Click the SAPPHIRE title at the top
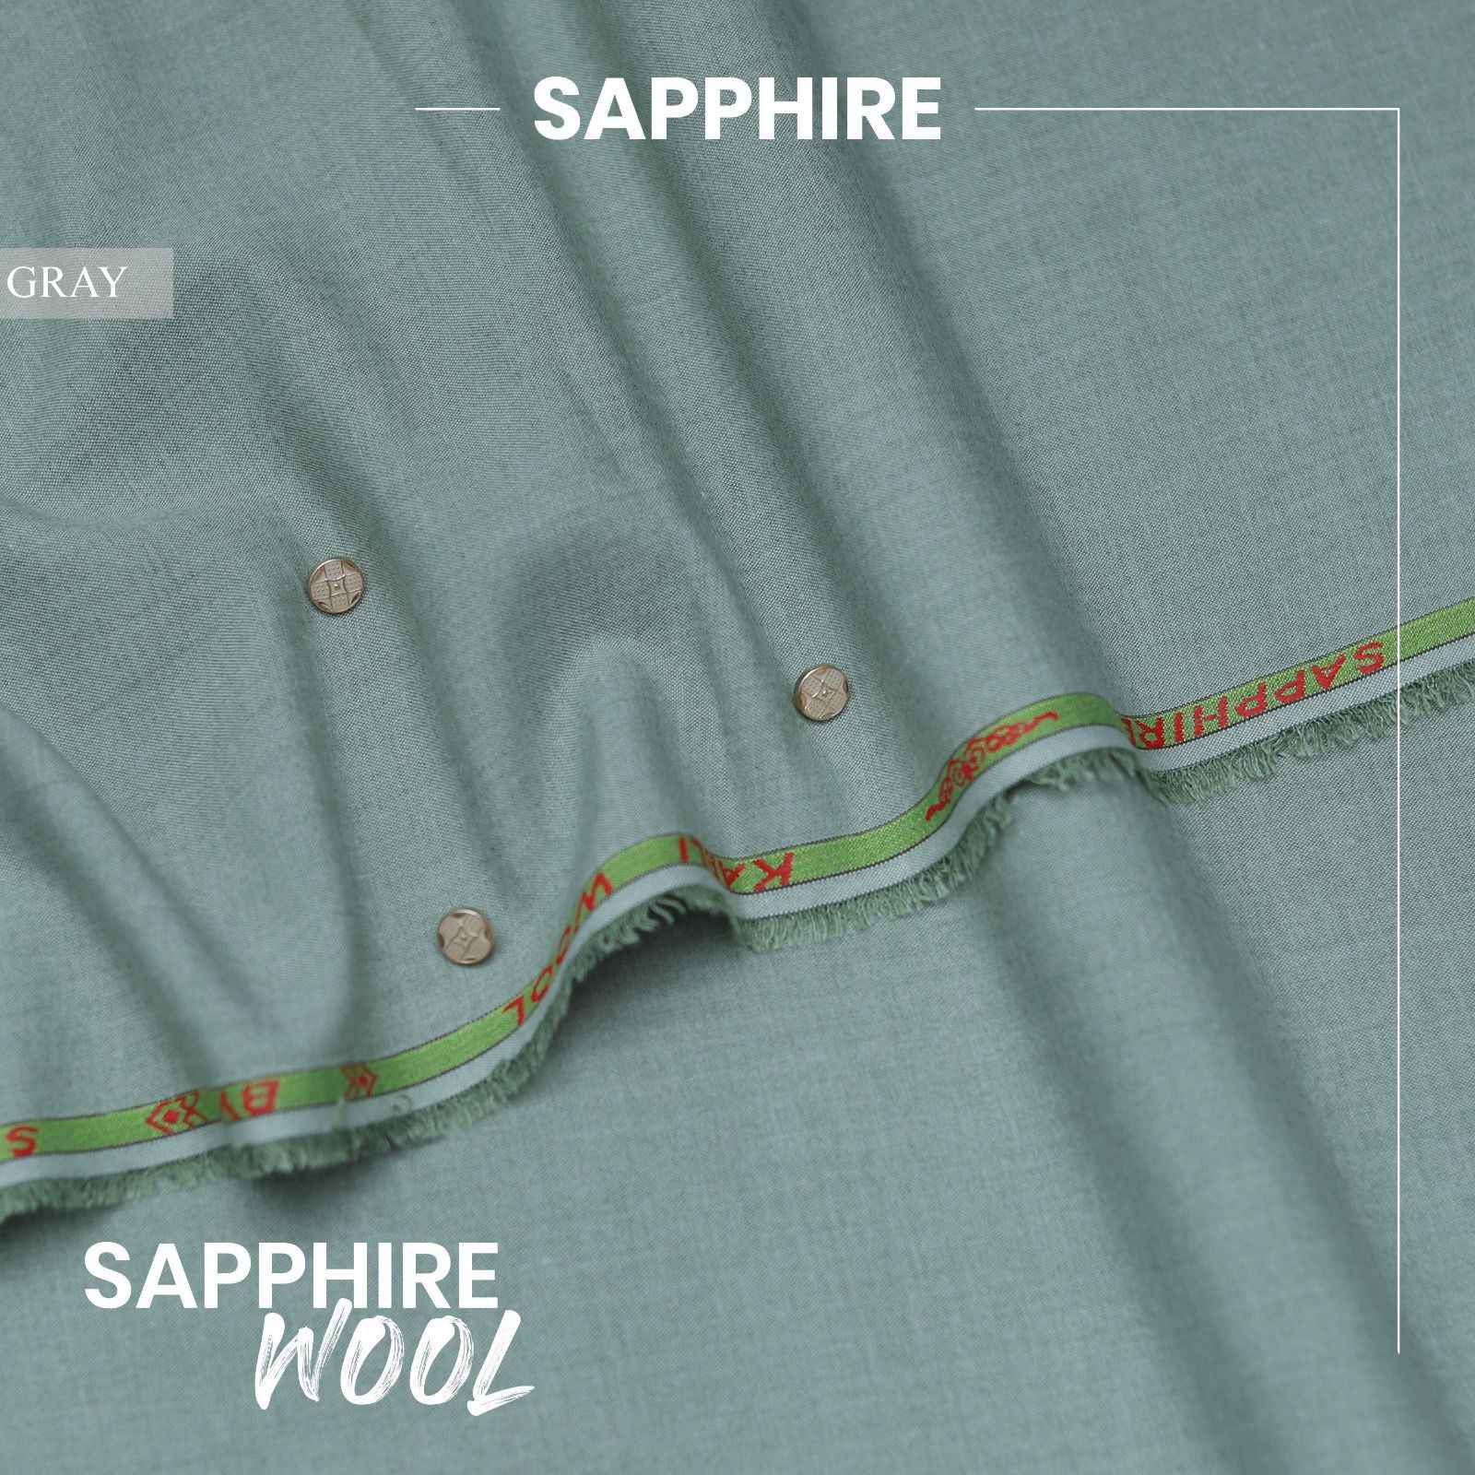tap(737, 111)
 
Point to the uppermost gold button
tap(328, 586)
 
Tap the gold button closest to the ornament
tap(816, 688)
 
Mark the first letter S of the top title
tap(556, 112)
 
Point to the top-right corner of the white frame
tap(1398, 110)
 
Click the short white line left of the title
tap(458, 111)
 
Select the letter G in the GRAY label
tap(23, 283)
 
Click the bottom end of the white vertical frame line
tap(1398, 1351)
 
